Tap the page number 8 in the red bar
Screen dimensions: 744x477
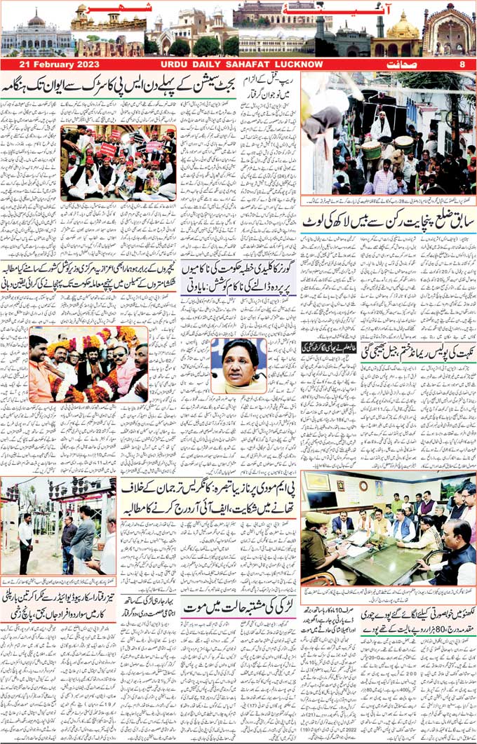point(462,65)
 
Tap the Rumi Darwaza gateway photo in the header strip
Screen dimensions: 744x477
point(449,32)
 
